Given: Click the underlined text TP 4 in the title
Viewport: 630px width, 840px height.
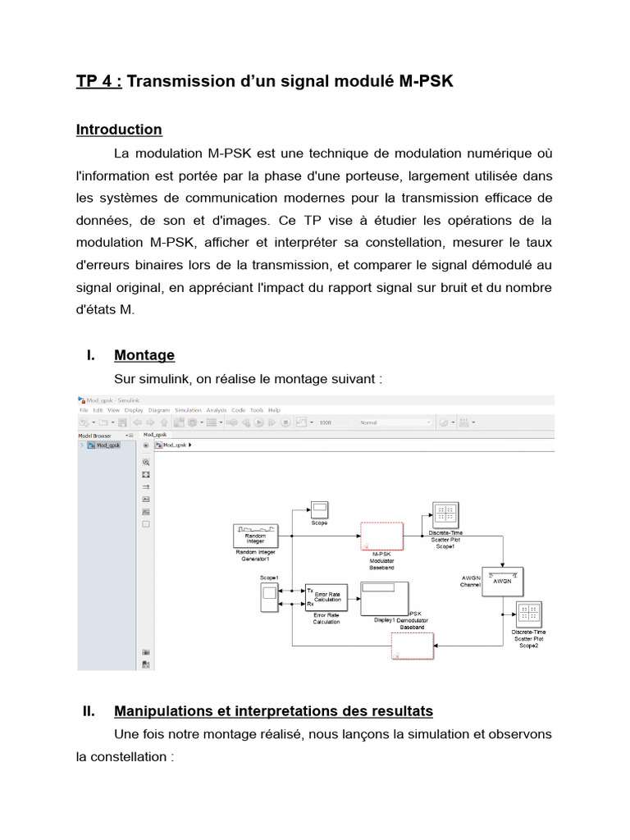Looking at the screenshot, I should [x=98, y=81].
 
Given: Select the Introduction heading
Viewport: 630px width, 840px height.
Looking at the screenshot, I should [x=119, y=130].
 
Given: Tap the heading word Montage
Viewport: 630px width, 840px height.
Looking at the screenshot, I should [x=144, y=355].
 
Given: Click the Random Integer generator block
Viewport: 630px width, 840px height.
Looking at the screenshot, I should [x=257, y=536].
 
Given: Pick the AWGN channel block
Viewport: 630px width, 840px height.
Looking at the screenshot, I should [x=502, y=581].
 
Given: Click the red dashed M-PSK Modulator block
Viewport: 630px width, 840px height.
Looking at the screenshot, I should [x=381, y=536].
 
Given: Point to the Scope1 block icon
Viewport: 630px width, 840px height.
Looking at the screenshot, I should [x=268, y=601].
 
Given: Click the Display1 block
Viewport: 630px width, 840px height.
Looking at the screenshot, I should [x=385, y=597].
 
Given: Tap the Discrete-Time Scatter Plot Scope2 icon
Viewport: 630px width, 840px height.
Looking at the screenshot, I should [x=529, y=615].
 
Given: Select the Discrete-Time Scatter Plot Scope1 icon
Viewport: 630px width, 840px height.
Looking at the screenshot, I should [x=446, y=515].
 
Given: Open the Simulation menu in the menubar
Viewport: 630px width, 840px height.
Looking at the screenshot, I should [x=188, y=409].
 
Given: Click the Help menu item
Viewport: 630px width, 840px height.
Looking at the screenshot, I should [x=274, y=409].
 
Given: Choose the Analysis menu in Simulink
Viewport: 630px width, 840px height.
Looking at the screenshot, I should [x=217, y=409].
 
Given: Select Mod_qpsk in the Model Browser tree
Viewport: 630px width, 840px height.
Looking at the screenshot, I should [x=107, y=445].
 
